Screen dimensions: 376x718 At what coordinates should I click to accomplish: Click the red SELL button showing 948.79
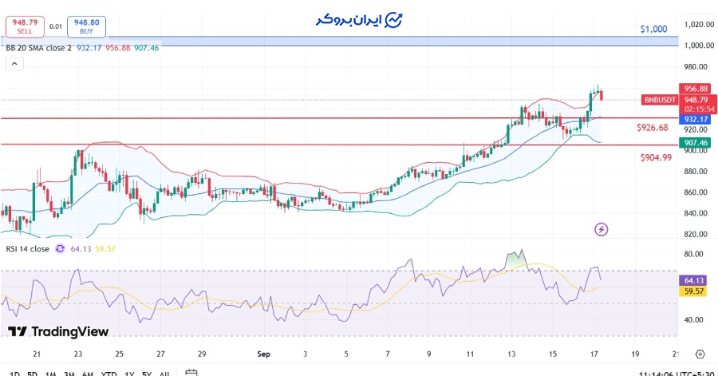pos(25,26)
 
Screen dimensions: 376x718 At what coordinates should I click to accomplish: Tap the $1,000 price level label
pos(653,29)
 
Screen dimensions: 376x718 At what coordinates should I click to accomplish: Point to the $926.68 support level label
pos(653,128)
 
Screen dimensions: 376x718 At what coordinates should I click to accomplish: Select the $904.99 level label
pos(656,157)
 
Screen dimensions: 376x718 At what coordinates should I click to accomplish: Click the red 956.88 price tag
pos(695,89)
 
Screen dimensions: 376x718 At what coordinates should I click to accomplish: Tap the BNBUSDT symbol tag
pos(660,100)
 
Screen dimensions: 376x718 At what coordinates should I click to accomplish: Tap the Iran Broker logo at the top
pos(359,19)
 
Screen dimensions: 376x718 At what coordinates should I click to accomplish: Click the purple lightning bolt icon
pos(602,229)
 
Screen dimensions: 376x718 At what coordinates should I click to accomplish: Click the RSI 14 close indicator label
pos(27,248)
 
